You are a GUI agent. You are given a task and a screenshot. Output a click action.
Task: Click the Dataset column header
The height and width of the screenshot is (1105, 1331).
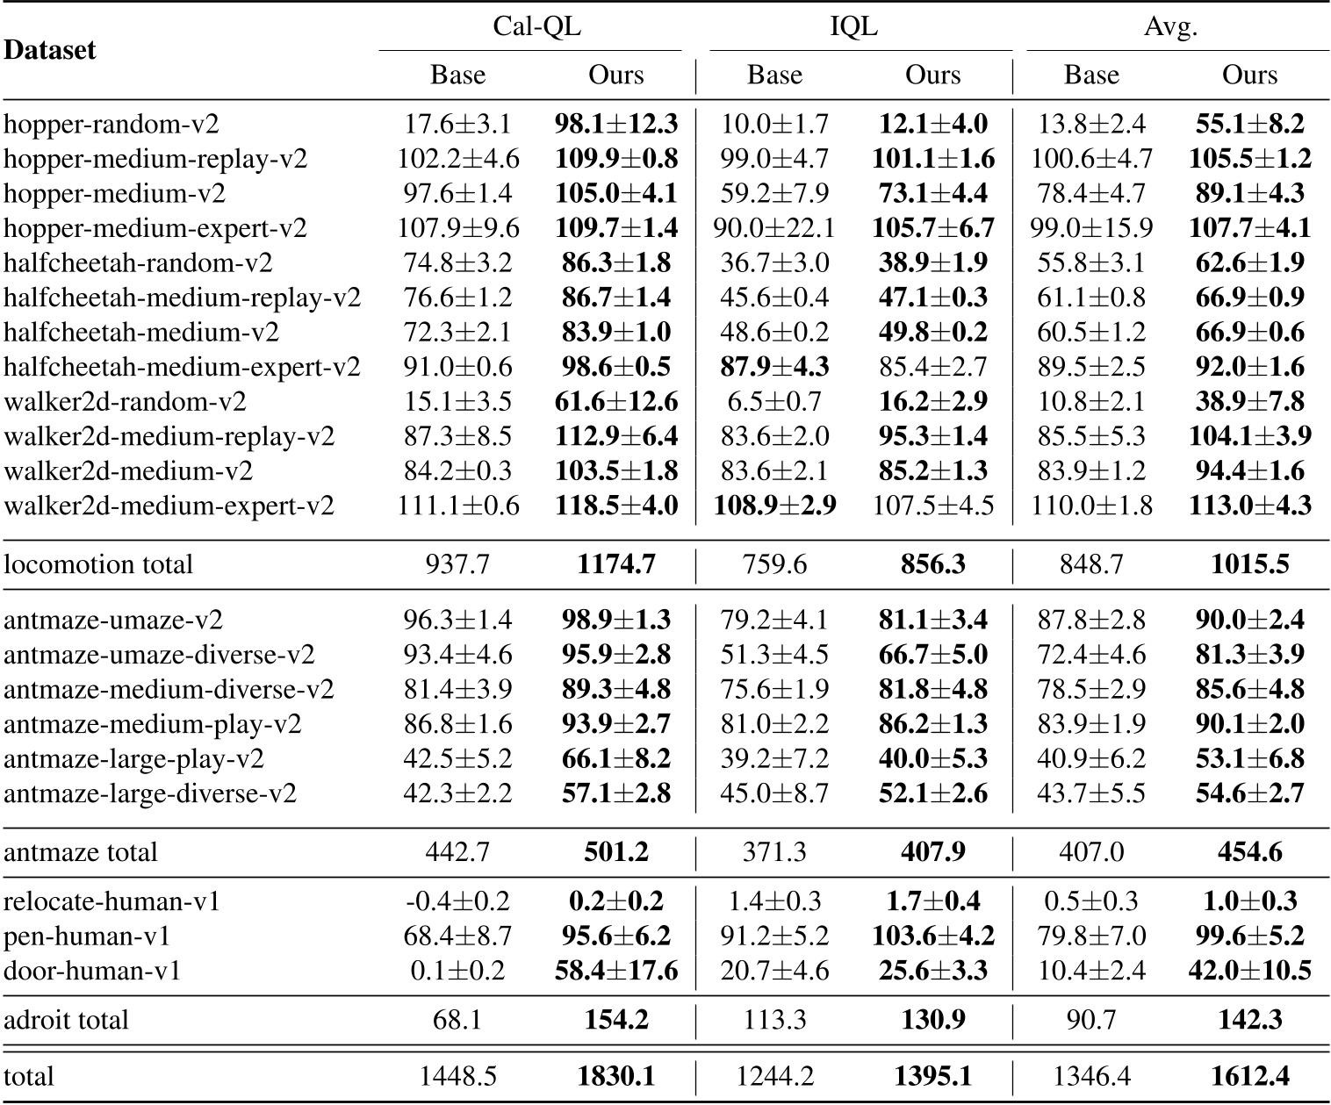pos(50,50)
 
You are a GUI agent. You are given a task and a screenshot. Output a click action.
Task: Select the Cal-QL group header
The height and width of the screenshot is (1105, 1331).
pos(536,27)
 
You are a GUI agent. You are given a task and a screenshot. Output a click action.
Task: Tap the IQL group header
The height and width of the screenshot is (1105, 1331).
pos(853,27)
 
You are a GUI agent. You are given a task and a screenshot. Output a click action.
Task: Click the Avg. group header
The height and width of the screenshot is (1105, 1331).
pos(1170,27)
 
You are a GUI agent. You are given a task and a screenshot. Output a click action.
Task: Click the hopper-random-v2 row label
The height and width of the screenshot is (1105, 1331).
pos(112,124)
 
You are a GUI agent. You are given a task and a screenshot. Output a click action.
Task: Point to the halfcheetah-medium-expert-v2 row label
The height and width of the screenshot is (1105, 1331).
pos(182,367)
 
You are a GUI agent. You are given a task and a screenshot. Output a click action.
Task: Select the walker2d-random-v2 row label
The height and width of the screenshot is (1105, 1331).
pos(125,402)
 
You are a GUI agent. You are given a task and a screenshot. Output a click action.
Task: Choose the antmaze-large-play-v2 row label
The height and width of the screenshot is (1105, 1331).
pos(133,758)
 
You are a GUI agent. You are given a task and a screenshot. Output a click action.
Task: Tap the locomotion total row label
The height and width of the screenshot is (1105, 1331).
pos(98,563)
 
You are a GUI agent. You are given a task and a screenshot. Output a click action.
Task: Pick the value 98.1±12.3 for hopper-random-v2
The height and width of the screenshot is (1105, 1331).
pos(616,124)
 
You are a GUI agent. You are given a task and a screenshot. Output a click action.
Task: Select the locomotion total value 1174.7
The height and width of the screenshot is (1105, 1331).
pos(616,563)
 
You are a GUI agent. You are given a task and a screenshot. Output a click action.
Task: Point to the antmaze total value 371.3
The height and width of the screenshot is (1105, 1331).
pos(774,852)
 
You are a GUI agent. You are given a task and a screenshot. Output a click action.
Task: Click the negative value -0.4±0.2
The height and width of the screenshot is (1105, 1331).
pos(457,901)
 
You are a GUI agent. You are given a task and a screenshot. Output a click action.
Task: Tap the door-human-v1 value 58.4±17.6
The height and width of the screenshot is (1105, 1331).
pos(616,971)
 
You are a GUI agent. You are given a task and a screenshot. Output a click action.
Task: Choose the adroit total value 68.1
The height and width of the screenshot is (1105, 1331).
pos(457,1020)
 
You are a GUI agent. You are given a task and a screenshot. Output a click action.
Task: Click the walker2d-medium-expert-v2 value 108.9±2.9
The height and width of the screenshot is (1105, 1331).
pos(774,506)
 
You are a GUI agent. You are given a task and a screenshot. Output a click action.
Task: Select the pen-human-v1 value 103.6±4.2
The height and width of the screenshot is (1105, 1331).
pos(933,936)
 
